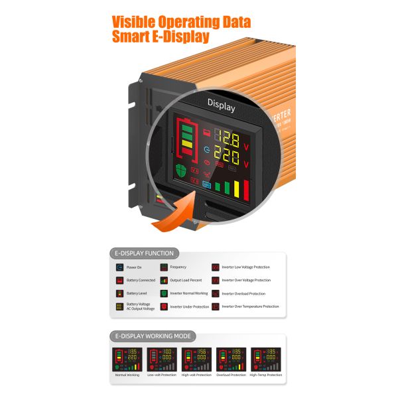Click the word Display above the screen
tap(221, 103)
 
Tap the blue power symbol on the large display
tap(206, 151)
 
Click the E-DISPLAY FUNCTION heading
tap(144, 253)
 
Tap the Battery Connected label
tap(141, 280)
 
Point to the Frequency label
tap(178, 267)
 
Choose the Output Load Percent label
tap(189, 280)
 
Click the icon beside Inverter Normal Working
tap(164, 293)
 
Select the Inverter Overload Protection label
tap(243, 293)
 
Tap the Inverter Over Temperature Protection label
tap(250, 306)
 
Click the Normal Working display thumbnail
tap(127, 359)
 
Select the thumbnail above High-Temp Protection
tap(265, 359)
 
